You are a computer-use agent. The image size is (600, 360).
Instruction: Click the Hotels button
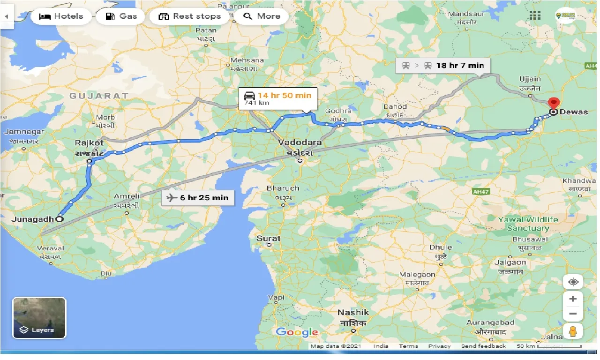pos(61,16)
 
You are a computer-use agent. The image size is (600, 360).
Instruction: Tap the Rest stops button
pos(189,16)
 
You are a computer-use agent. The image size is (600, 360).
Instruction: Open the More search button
pos(262,16)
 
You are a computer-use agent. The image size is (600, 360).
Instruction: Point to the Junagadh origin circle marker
pos(60,218)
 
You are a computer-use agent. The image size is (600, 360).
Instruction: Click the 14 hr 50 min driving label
pos(277,98)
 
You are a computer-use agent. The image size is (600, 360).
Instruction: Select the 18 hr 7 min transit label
pos(443,66)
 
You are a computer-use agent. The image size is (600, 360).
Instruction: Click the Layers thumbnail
pos(39,318)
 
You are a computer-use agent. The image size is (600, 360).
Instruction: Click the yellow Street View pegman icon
pos(573,331)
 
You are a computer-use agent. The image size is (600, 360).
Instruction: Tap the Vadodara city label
pos(300,142)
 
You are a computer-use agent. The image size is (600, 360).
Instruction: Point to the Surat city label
pos(269,239)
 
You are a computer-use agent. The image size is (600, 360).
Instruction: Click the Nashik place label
pos(354,313)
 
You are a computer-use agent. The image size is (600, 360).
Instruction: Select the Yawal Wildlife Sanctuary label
pos(528,224)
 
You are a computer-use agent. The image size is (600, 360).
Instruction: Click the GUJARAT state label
pos(99,96)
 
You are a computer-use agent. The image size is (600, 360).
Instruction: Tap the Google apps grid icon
pos(535,15)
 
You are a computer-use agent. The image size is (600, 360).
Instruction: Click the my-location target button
pos(573,282)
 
